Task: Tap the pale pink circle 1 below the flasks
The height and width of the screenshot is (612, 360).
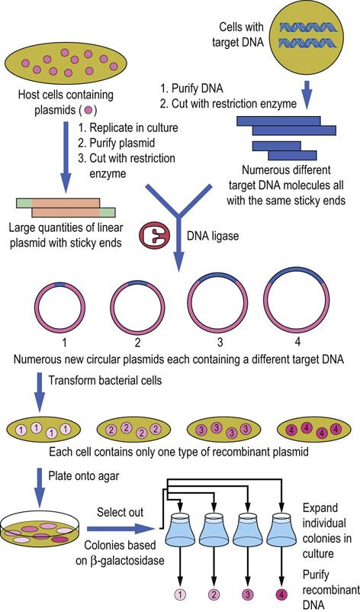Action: [180, 594]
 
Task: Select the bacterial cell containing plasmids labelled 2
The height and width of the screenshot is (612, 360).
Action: [133, 431]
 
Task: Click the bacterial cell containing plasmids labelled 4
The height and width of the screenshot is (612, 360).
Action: [314, 431]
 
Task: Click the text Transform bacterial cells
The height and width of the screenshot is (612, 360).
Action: [105, 380]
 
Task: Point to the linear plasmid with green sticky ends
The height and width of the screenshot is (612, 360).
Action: [66, 208]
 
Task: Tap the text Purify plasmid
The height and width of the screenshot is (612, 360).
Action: [116, 143]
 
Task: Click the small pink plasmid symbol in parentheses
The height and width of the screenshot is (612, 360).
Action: [88, 110]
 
